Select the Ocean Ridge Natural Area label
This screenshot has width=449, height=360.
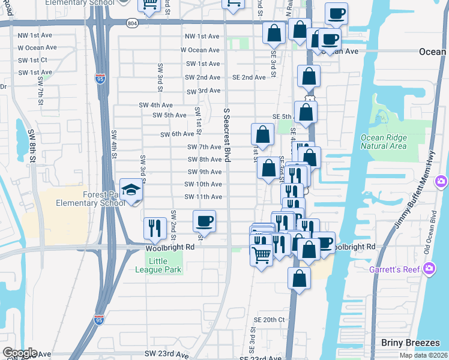coord(383,142)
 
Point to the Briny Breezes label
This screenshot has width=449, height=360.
coord(406,342)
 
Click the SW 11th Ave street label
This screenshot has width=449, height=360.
coord(203,197)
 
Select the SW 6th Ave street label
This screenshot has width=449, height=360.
coord(177,134)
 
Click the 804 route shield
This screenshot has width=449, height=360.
coord(132,22)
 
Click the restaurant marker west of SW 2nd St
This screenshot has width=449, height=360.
coord(155,229)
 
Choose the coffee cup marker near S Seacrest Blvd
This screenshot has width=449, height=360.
coord(204,222)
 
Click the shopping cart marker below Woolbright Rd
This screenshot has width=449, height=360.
coord(261,256)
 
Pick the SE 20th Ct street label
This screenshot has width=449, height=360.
coord(269,320)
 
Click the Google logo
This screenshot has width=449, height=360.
coord(20,353)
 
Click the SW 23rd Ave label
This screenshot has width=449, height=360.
coord(166,355)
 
